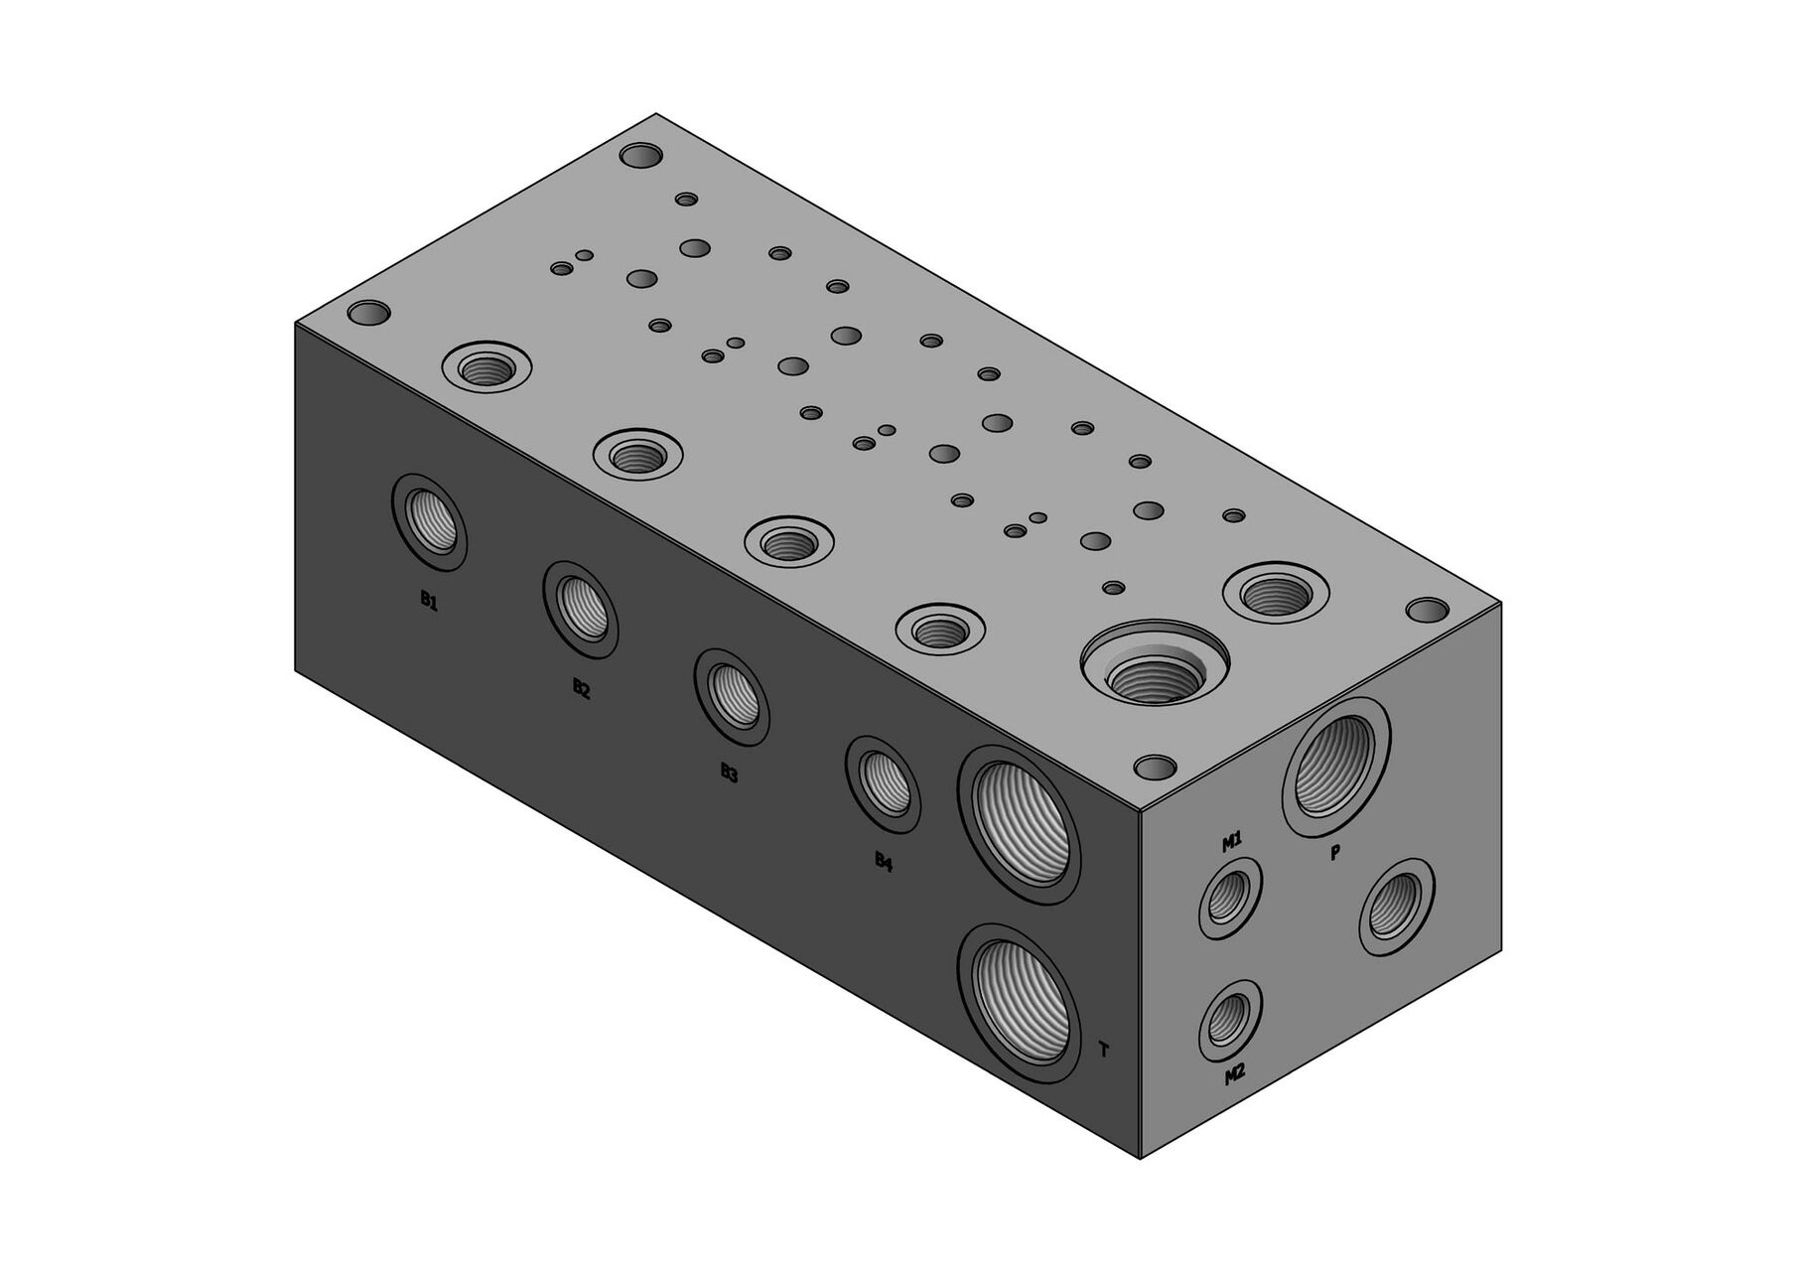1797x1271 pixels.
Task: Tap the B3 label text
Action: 730,775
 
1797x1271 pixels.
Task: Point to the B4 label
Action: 884,862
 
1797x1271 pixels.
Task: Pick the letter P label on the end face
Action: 1335,852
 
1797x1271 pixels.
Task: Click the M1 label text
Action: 1231,844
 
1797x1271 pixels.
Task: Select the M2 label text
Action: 1234,1074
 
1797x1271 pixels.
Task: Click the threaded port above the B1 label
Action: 430,522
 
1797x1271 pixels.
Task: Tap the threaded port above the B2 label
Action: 581,609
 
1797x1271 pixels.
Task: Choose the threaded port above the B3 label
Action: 732,697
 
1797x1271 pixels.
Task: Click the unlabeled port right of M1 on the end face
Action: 1398,908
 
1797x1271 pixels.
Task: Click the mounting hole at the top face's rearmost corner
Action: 640,156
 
